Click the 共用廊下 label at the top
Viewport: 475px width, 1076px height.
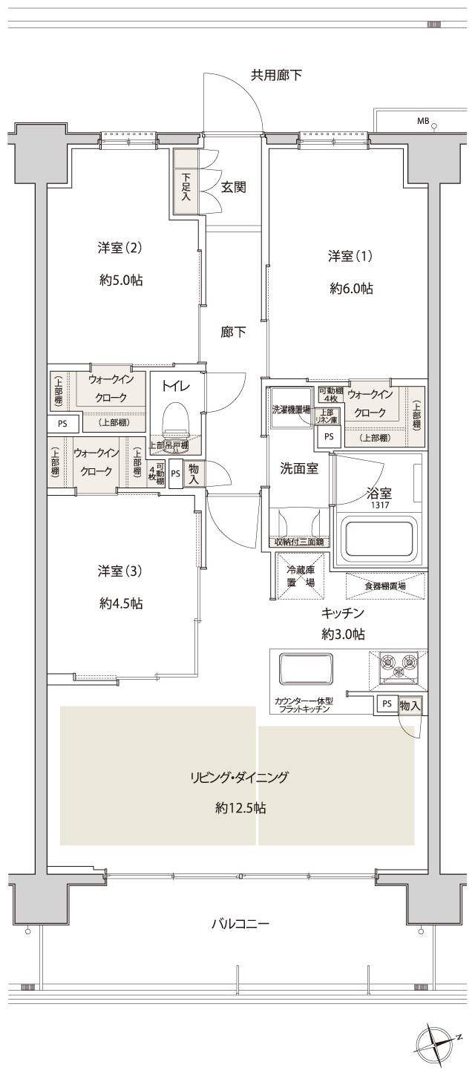276,75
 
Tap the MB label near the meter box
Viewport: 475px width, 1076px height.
422,121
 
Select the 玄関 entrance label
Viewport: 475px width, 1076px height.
233,187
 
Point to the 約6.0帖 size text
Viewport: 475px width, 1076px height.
351,289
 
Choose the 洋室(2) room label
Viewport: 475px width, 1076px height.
119,248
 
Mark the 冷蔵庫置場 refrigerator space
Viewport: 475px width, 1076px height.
300,577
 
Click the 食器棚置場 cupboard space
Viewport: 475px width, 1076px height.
384,585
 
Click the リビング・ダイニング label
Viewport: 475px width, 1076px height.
237,778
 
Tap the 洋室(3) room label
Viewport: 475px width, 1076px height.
119,571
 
